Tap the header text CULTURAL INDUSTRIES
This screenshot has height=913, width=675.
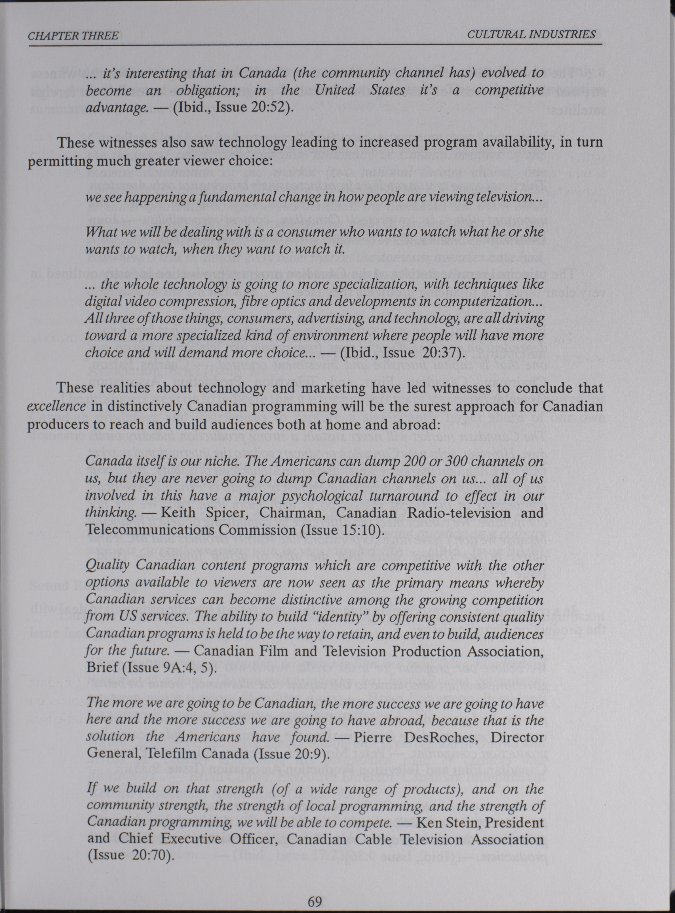point(531,34)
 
